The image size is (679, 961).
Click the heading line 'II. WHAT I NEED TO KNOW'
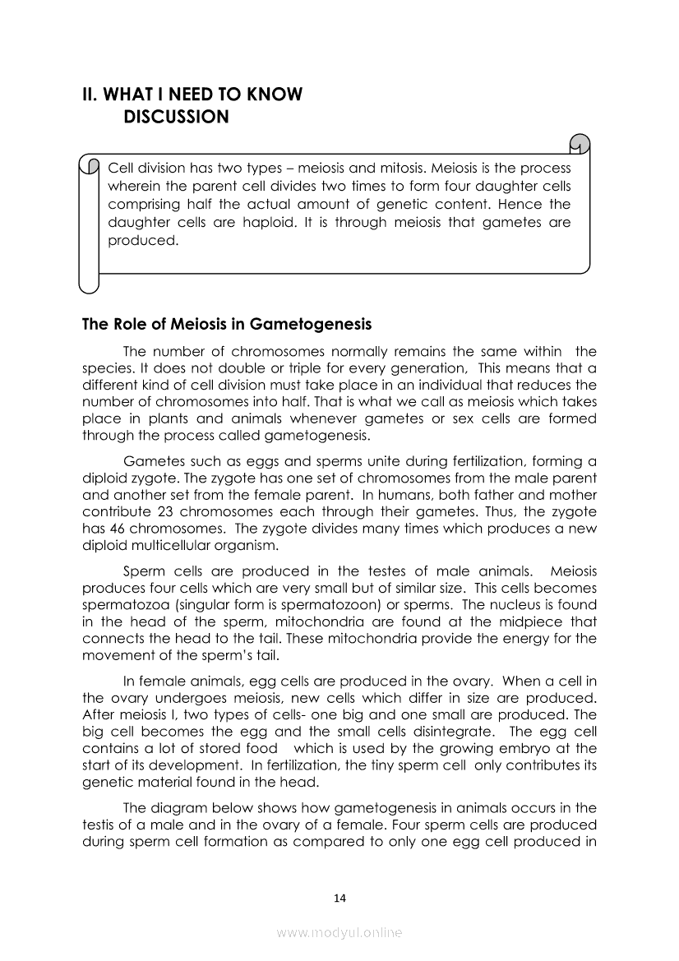[192, 95]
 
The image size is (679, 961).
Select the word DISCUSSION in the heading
[176, 118]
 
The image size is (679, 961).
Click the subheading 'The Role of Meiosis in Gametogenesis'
[227, 324]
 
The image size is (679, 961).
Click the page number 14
[340, 898]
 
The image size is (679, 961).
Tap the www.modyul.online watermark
[339, 933]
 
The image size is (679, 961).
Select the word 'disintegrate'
[449, 731]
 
